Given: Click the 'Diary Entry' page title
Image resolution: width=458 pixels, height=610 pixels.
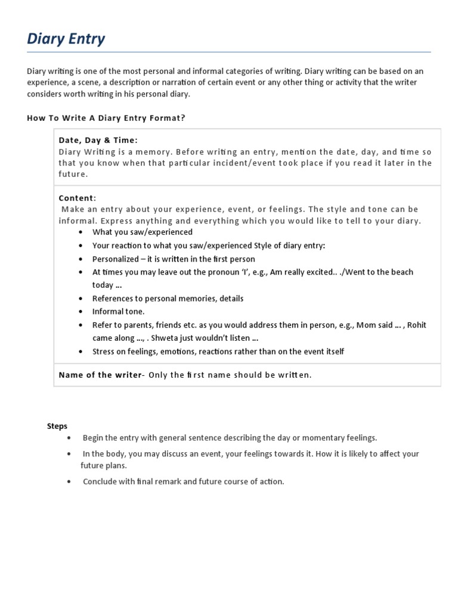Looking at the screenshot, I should point(66,39).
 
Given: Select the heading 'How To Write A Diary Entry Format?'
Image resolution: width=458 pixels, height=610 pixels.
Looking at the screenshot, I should point(106,118).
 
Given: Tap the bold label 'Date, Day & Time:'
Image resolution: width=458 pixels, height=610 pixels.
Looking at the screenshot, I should point(98,140).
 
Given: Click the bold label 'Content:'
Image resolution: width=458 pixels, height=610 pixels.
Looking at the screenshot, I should point(77,198).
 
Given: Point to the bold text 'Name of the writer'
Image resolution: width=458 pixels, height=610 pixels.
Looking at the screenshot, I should point(100,375).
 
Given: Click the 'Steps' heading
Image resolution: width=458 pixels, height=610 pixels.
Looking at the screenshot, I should point(57,426).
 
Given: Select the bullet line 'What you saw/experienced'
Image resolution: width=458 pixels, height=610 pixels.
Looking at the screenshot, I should point(142,232).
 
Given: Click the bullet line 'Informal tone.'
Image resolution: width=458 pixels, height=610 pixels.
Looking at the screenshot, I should point(118,311).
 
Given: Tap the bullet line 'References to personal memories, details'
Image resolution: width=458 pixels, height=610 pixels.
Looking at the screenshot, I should point(168,298).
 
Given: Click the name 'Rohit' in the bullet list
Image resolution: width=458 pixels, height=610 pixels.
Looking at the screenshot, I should point(416,325).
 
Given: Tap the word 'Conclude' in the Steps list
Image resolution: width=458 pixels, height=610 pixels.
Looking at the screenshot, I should point(100,481).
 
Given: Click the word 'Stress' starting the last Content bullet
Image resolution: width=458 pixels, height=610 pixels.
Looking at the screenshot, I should point(103,351).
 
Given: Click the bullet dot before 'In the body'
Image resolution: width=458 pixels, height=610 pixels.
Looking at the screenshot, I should point(70,454).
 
